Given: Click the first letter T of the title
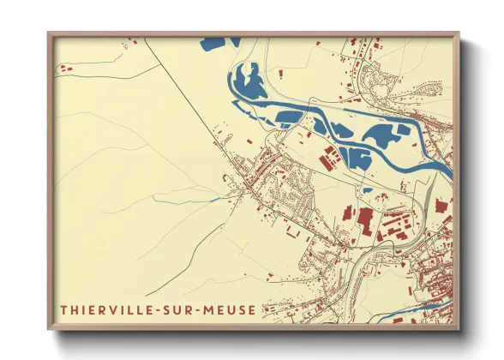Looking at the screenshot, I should pos(63,309).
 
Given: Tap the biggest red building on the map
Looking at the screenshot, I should pos(367,216).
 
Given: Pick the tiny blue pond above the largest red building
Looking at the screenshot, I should pos(367,190).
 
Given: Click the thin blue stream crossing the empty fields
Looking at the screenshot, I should pos(189,197).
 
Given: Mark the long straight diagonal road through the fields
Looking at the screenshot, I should pos(184,94).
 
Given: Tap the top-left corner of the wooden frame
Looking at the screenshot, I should pos(49,33).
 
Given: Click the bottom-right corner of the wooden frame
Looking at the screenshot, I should pos(459,329).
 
